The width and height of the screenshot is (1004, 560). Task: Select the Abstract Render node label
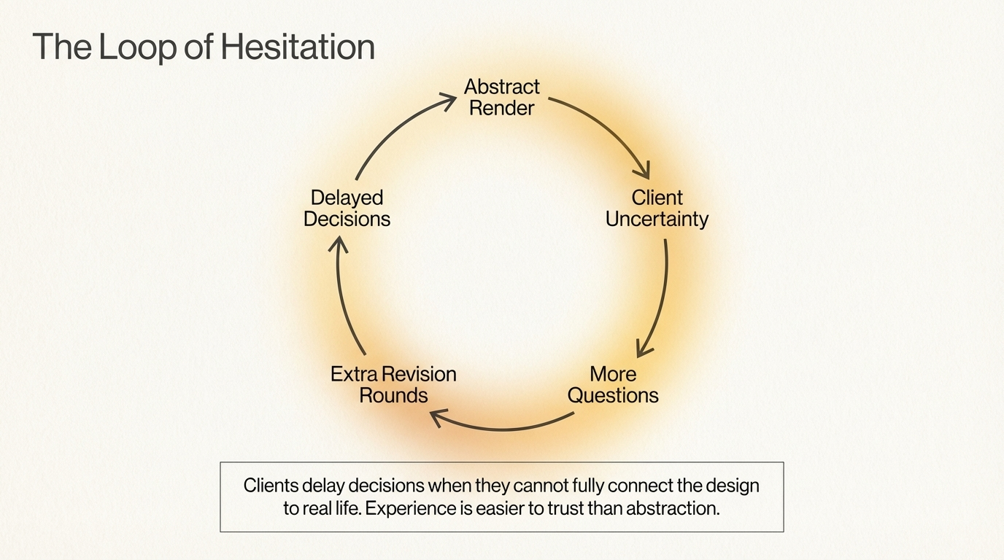tap(502, 98)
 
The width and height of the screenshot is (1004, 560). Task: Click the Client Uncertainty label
tap(657, 209)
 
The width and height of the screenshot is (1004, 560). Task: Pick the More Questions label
tap(613, 385)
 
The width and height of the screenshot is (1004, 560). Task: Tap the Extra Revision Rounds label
tap(393, 385)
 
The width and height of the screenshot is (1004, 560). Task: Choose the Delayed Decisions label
tap(347, 209)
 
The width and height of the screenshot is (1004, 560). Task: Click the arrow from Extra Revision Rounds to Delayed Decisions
tap(343, 299)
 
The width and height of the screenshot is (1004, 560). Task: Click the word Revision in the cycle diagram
tap(422, 374)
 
